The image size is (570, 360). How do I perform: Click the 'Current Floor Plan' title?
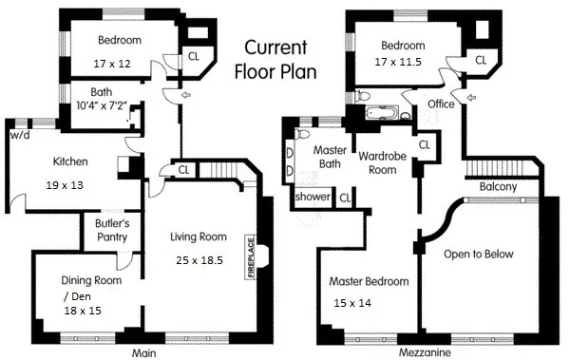pyautogui.click(x=275, y=59)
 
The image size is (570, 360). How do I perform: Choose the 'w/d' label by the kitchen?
pyautogui.click(x=19, y=134)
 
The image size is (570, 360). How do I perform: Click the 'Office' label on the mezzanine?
pyautogui.click(x=441, y=103)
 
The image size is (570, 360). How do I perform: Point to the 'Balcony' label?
pyautogui.click(x=498, y=186)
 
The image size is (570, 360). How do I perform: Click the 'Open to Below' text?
pyautogui.click(x=479, y=254)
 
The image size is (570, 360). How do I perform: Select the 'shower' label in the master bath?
pyautogui.click(x=312, y=197)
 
